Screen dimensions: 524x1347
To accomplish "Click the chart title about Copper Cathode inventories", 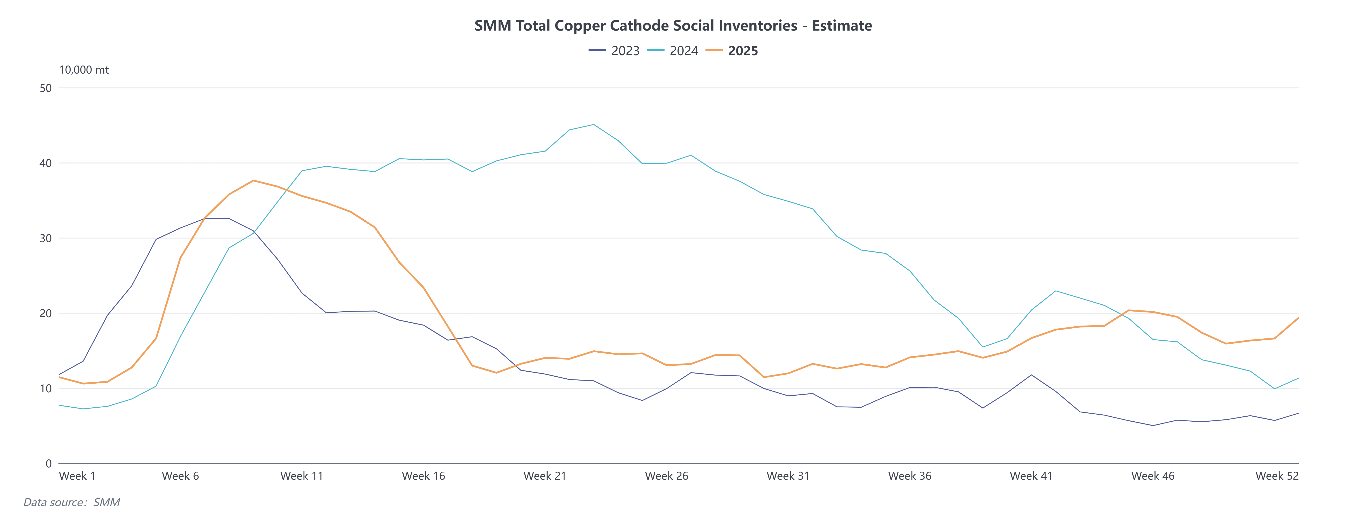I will point(673,26).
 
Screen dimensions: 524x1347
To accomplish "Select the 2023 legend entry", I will point(625,51).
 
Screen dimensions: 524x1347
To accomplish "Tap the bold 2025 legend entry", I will point(743,51).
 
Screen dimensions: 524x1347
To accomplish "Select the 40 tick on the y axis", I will point(45,163).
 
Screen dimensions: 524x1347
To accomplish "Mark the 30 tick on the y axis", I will point(45,238).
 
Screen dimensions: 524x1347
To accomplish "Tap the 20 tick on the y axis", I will point(45,314).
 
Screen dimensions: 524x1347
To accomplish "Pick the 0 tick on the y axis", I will point(49,463).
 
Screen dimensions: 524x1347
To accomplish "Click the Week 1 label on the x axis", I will point(77,476).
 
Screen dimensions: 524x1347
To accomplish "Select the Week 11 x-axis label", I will point(302,476).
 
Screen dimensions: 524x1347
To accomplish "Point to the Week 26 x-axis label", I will point(666,476).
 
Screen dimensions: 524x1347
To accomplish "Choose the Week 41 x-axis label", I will point(1031,476).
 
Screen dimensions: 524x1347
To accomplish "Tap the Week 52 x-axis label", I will point(1276,476).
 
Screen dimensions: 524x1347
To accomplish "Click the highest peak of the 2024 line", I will point(593,124).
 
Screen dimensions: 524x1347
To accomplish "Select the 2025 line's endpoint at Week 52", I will point(1298,318).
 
